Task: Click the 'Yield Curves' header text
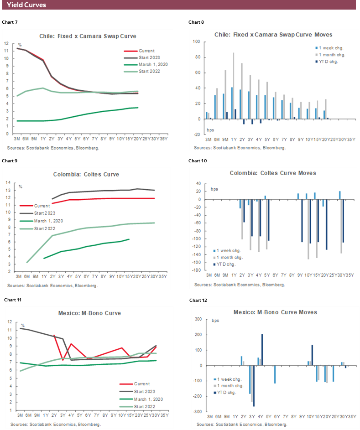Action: click(26, 5)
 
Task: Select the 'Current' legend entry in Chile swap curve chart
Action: click(146, 51)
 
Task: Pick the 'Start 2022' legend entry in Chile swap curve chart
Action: click(147, 71)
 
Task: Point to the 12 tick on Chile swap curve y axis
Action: click(6, 43)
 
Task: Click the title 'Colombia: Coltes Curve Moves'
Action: click(272, 173)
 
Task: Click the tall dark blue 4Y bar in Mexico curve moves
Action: click(262, 350)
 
